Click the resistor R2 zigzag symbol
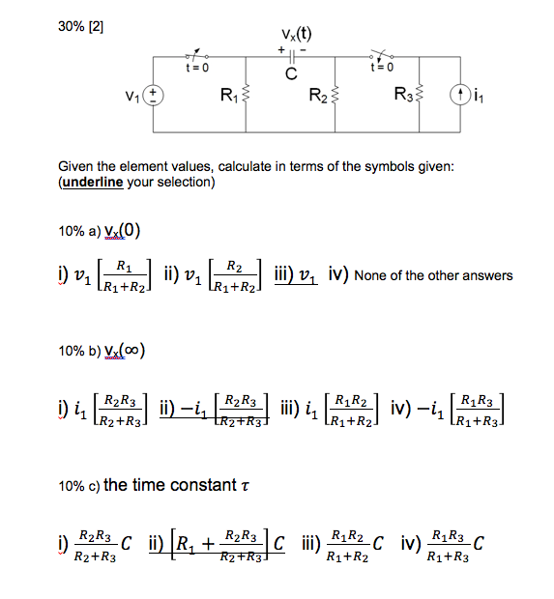pyautogui.click(x=335, y=96)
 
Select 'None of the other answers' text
pyautogui.click(x=434, y=276)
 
